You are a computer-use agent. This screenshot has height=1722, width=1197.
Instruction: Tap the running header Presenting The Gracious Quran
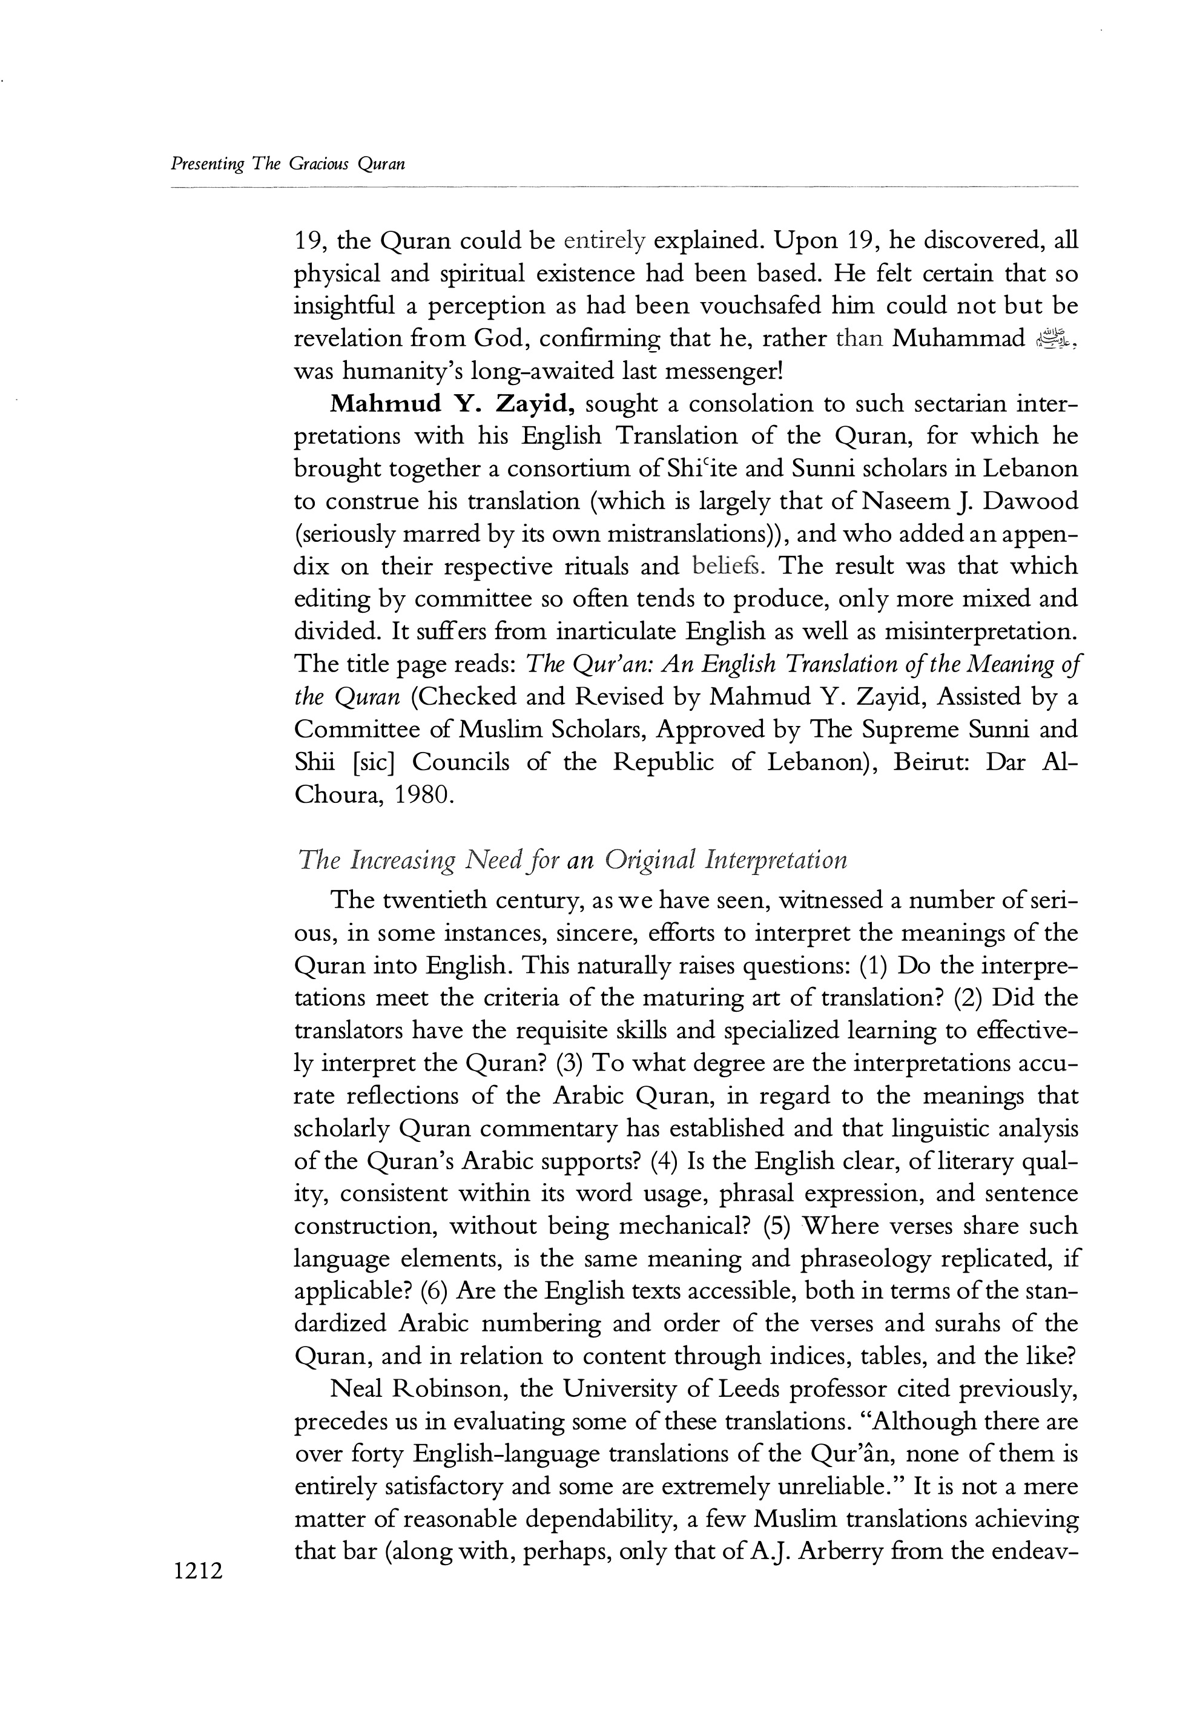click(288, 164)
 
